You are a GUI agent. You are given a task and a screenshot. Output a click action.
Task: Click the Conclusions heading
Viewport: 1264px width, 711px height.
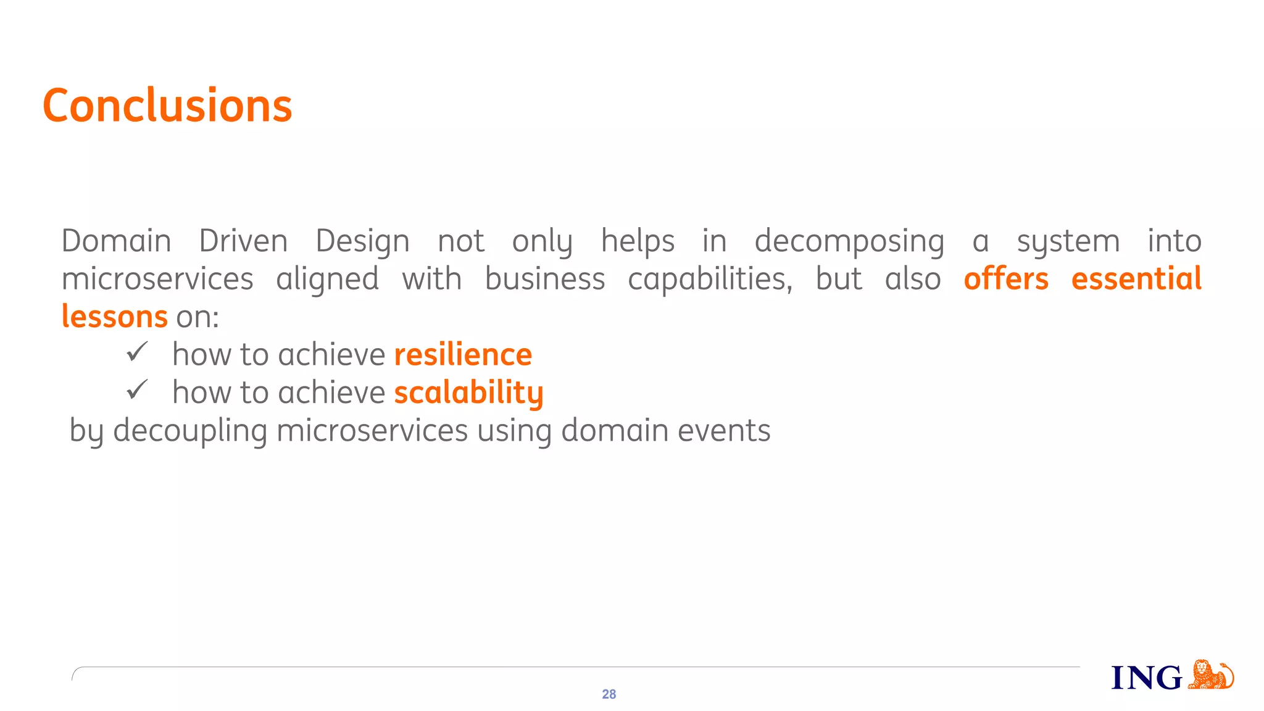(167, 106)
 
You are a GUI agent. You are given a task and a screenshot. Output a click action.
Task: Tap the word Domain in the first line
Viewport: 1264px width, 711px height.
(116, 241)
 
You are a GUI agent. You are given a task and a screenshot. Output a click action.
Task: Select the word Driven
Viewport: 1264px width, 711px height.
(243, 241)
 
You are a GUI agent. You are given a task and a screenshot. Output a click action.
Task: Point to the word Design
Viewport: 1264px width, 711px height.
(362, 242)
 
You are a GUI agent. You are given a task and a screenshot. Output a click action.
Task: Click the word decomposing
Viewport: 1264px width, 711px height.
(849, 242)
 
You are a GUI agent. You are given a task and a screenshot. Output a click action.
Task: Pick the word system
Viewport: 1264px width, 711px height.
(1068, 242)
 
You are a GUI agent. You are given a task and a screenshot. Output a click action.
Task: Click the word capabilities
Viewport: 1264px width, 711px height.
(710, 280)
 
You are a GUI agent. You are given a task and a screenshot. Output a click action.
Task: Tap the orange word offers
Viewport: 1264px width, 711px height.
(1006, 279)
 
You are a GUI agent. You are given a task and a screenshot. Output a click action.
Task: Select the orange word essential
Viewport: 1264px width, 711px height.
(1136, 279)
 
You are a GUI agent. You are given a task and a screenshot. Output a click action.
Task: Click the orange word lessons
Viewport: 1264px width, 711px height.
(115, 317)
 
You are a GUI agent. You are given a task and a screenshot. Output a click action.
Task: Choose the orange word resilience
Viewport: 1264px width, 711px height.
(463, 355)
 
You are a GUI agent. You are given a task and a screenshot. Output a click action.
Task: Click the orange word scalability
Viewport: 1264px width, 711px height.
(468, 393)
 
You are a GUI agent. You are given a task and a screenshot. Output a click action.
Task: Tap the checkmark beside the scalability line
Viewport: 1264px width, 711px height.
(137, 390)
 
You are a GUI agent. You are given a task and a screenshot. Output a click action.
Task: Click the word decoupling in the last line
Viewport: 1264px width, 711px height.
(190, 431)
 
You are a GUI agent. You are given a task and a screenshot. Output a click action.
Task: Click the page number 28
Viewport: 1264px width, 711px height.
(609, 694)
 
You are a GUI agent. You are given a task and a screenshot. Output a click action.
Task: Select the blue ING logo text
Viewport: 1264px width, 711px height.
(1146, 678)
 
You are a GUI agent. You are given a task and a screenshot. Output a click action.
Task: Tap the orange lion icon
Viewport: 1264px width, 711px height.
(1210, 675)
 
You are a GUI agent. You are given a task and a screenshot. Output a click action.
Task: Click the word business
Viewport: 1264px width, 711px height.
(545, 279)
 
